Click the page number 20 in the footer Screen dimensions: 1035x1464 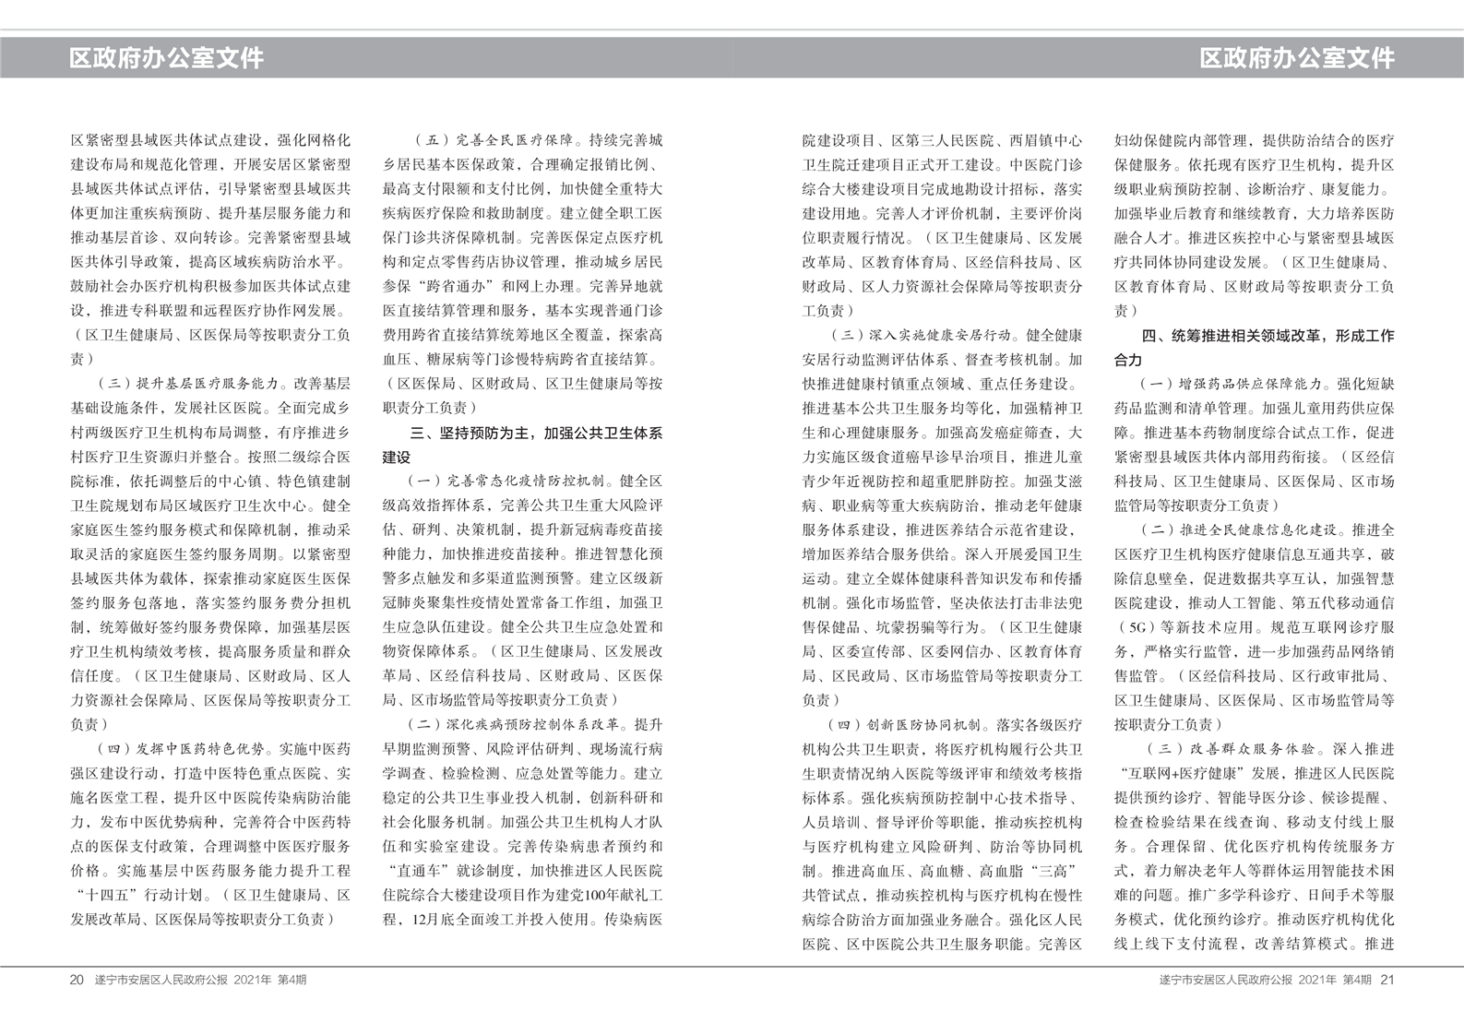[77, 980]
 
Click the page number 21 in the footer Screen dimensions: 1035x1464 [1387, 980]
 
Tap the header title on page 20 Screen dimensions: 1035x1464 [166, 58]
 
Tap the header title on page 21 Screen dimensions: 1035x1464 [1296, 58]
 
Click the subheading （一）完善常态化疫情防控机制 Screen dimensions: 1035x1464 [507, 481]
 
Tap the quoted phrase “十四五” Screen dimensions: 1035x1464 [101, 895]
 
